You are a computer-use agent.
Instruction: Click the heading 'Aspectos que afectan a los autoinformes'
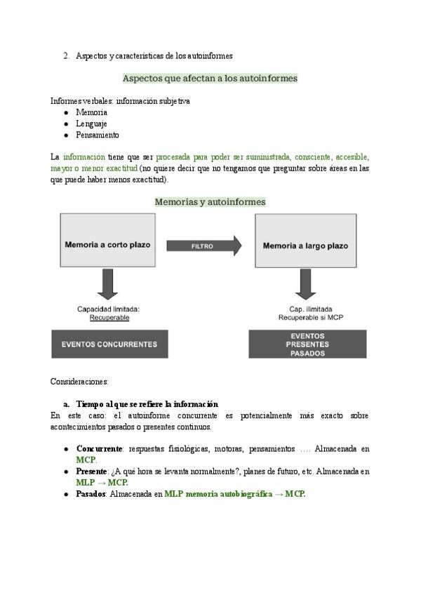(210, 79)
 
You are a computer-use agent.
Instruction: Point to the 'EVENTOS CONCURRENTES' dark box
(109, 344)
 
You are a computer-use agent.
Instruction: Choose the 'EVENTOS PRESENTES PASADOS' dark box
(307, 345)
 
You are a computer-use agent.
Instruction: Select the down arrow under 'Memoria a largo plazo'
(305, 283)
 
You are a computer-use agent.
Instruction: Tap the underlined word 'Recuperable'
(109, 318)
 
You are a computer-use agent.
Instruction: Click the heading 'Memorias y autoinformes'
(210, 201)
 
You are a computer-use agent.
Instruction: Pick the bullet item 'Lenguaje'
(91, 123)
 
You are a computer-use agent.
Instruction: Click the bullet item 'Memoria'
(91, 112)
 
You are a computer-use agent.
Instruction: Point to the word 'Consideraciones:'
(79, 382)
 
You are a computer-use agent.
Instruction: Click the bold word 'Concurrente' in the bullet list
(99, 448)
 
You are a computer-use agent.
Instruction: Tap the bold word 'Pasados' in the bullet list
(91, 494)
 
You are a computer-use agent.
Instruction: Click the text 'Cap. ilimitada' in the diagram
(311, 309)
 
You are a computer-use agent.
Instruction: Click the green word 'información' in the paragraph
(83, 157)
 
